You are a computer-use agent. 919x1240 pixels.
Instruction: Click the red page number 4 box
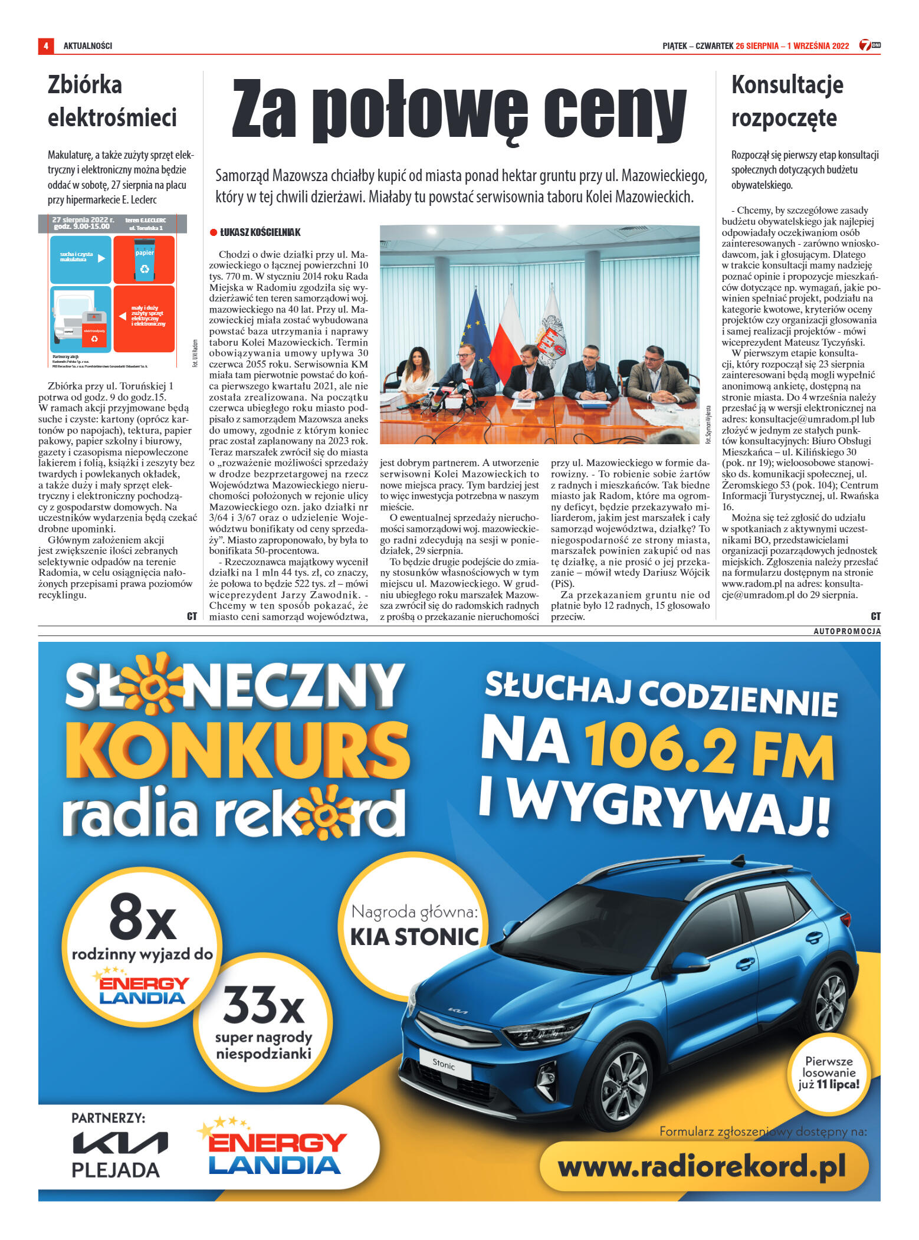point(45,45)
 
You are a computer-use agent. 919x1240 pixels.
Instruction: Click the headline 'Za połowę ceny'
point(459,111)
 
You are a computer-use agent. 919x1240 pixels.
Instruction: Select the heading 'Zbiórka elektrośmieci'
point(112,101)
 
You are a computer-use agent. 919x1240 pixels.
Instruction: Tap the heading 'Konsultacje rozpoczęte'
point(787,101)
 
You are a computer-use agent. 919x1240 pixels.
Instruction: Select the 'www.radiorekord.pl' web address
point(701,1166)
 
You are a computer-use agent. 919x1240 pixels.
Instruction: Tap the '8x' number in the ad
point(143,918)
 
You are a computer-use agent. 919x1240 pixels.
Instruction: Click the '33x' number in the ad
point(263,1005)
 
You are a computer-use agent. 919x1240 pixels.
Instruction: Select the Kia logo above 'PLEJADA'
point(120,1143)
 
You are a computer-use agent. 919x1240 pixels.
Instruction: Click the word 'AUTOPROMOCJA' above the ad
point(846,631)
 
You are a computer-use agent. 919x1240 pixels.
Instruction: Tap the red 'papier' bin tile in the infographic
point(144,260)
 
